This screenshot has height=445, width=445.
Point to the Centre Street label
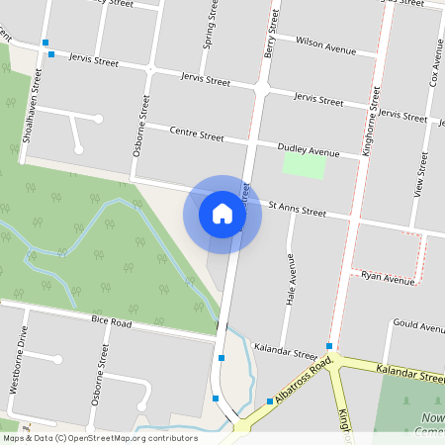197,132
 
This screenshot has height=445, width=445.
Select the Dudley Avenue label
308,149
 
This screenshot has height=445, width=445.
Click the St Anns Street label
297,210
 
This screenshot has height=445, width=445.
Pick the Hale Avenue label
291,279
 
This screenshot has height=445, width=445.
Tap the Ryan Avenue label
388,278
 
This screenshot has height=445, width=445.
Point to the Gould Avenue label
417,325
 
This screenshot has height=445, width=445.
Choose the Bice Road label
111,322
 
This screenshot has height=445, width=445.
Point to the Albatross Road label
303,383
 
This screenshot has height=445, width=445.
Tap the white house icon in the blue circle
222,214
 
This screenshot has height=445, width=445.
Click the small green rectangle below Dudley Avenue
304,165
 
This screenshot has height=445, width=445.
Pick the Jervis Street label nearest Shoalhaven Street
94,61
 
